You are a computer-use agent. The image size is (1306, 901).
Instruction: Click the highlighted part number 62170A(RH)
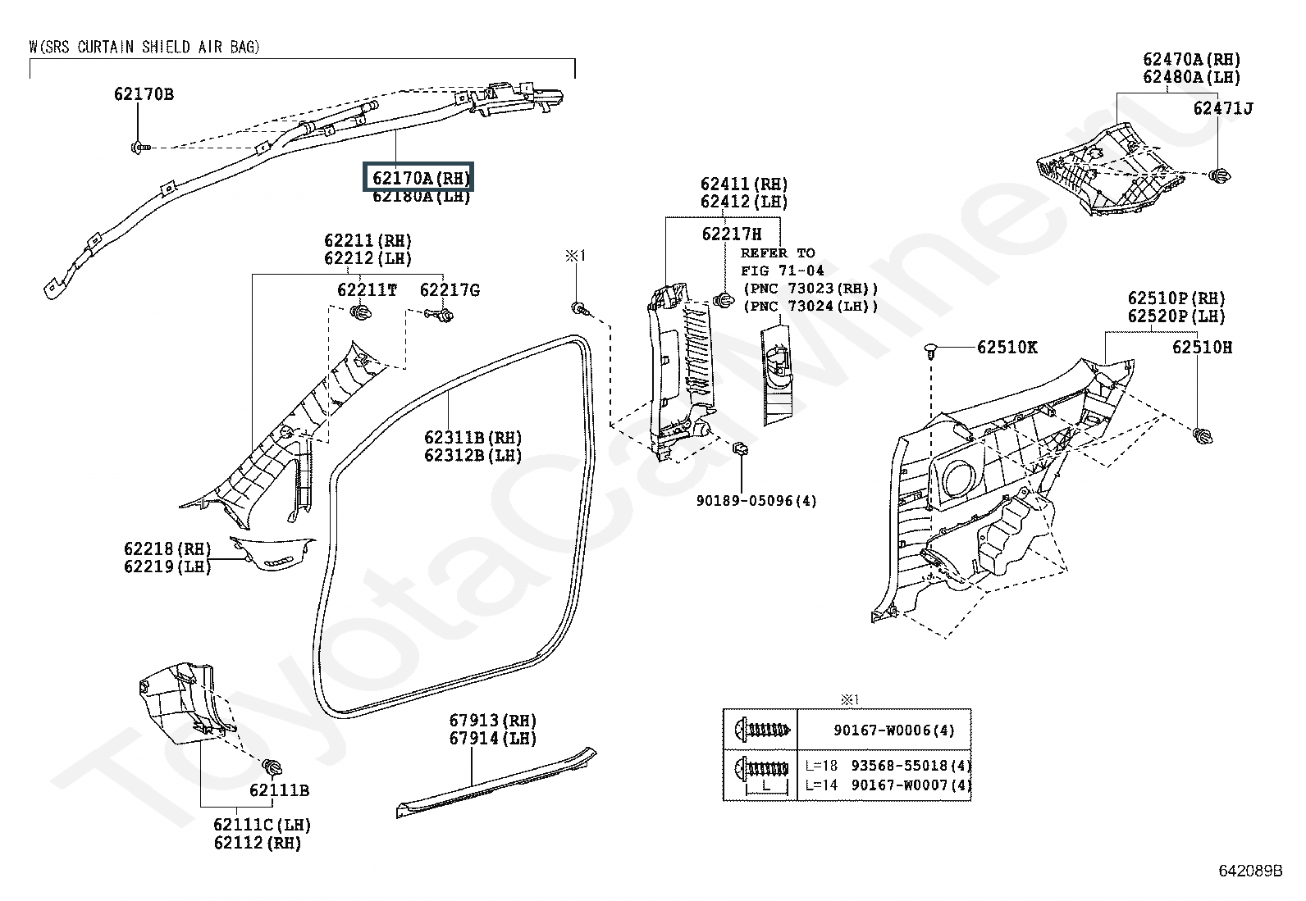click(421, 177)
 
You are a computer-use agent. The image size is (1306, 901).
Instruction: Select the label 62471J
click(1222, 108)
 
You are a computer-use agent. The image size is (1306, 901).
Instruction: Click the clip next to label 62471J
click(1219, 174)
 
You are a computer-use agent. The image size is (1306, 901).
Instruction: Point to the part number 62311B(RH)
click(473, 437)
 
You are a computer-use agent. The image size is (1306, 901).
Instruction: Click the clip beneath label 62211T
click(359, 312)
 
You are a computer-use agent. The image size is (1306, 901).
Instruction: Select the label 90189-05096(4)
click(756, 500)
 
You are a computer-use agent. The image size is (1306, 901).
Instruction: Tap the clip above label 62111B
click(272, 767)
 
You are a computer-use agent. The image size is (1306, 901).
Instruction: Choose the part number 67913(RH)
click(492, 720)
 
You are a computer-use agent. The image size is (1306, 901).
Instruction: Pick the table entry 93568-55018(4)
click(911, 766)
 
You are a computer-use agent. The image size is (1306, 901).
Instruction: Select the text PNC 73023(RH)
click(811, 289)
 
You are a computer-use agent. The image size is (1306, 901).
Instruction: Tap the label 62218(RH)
click(167, 548)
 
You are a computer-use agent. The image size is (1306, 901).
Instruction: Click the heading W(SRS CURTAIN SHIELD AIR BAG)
click(144, 47)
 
